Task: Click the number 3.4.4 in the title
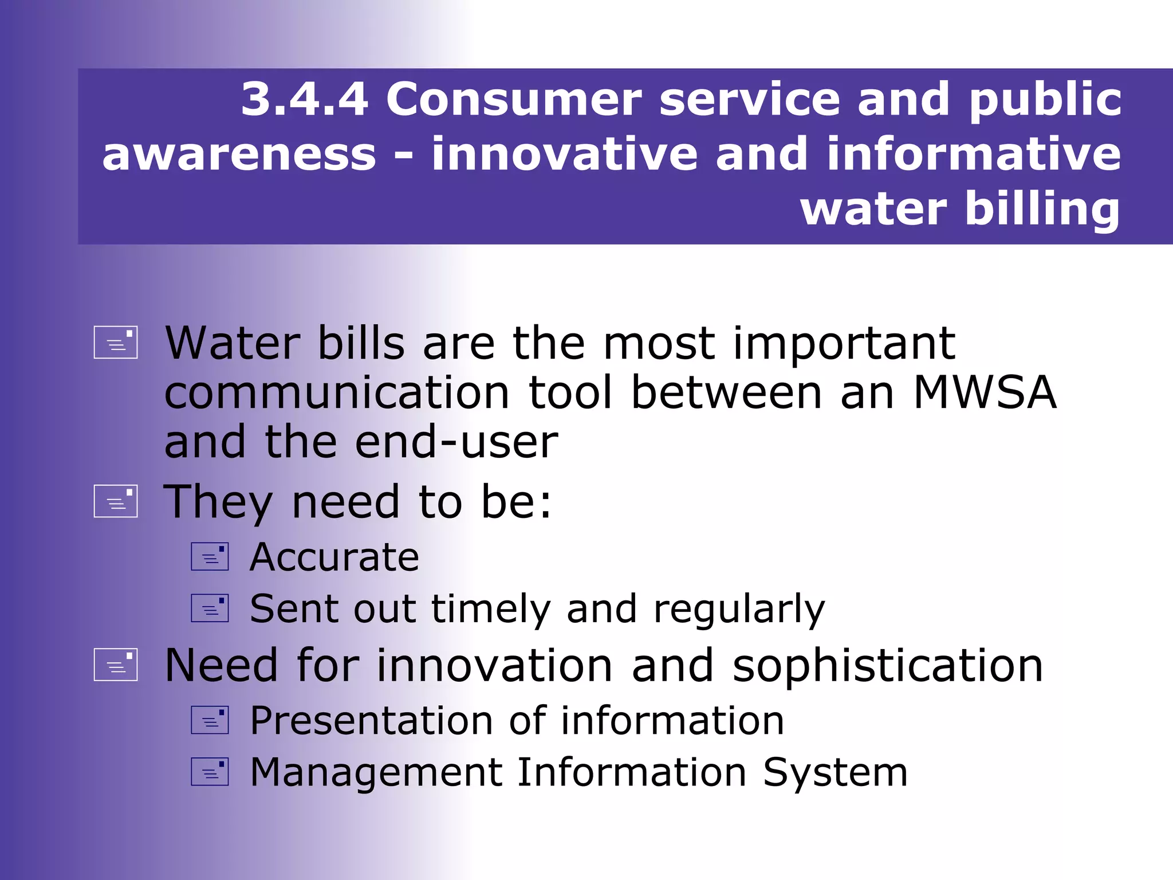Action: click(304, 100)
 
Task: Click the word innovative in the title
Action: click(564, 155)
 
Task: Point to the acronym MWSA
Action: click(985, 393)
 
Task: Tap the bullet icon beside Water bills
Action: click(116, 343)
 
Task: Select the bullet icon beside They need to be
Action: click(116, 501)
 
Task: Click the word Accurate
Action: click(334, 557)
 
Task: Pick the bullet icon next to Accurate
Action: click(210, 557)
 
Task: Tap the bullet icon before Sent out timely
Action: click(210, 608)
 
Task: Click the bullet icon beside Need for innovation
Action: click(116, 665)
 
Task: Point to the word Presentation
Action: click(371, 721)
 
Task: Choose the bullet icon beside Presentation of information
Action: click(210, 720)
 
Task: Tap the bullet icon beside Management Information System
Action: click(210, 772)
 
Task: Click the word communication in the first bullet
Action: click(337, 393)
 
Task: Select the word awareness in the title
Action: click(239, 155)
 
